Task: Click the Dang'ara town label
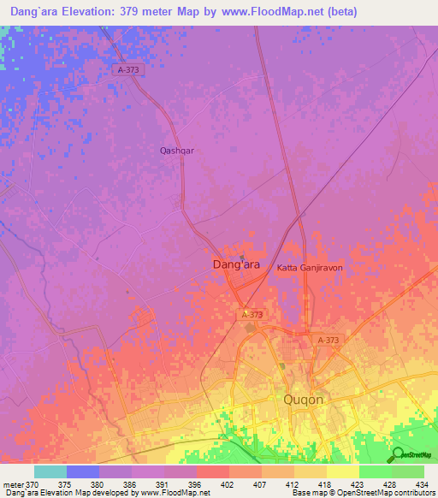tap(235, 266)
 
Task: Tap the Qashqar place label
tap(177, 151)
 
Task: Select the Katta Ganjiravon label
tap(309, 268)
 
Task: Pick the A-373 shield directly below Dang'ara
tap(252, 315)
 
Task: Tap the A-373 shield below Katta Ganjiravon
tap(328, 341)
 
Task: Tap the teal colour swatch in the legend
tap(50, 471)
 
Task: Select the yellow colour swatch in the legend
tap(343, 471)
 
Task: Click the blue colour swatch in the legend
tap(83, 471)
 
